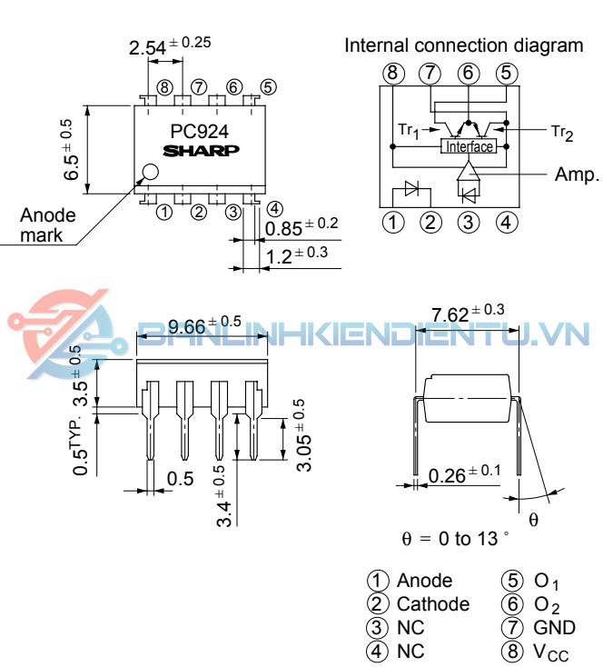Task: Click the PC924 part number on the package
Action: point(200,131)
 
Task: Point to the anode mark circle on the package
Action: point(150,171)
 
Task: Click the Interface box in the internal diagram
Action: point(469,146)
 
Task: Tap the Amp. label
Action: point(577,174)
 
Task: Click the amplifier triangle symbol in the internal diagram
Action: point(468,170)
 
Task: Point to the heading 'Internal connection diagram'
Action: point(463,45)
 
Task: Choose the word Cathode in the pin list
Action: point(433,604)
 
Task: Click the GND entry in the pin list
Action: point(555,628)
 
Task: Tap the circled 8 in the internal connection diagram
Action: point(392,73)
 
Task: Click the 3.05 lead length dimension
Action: point(305,435)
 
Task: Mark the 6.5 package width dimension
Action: point(72,149)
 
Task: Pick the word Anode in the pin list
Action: point(424,581)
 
